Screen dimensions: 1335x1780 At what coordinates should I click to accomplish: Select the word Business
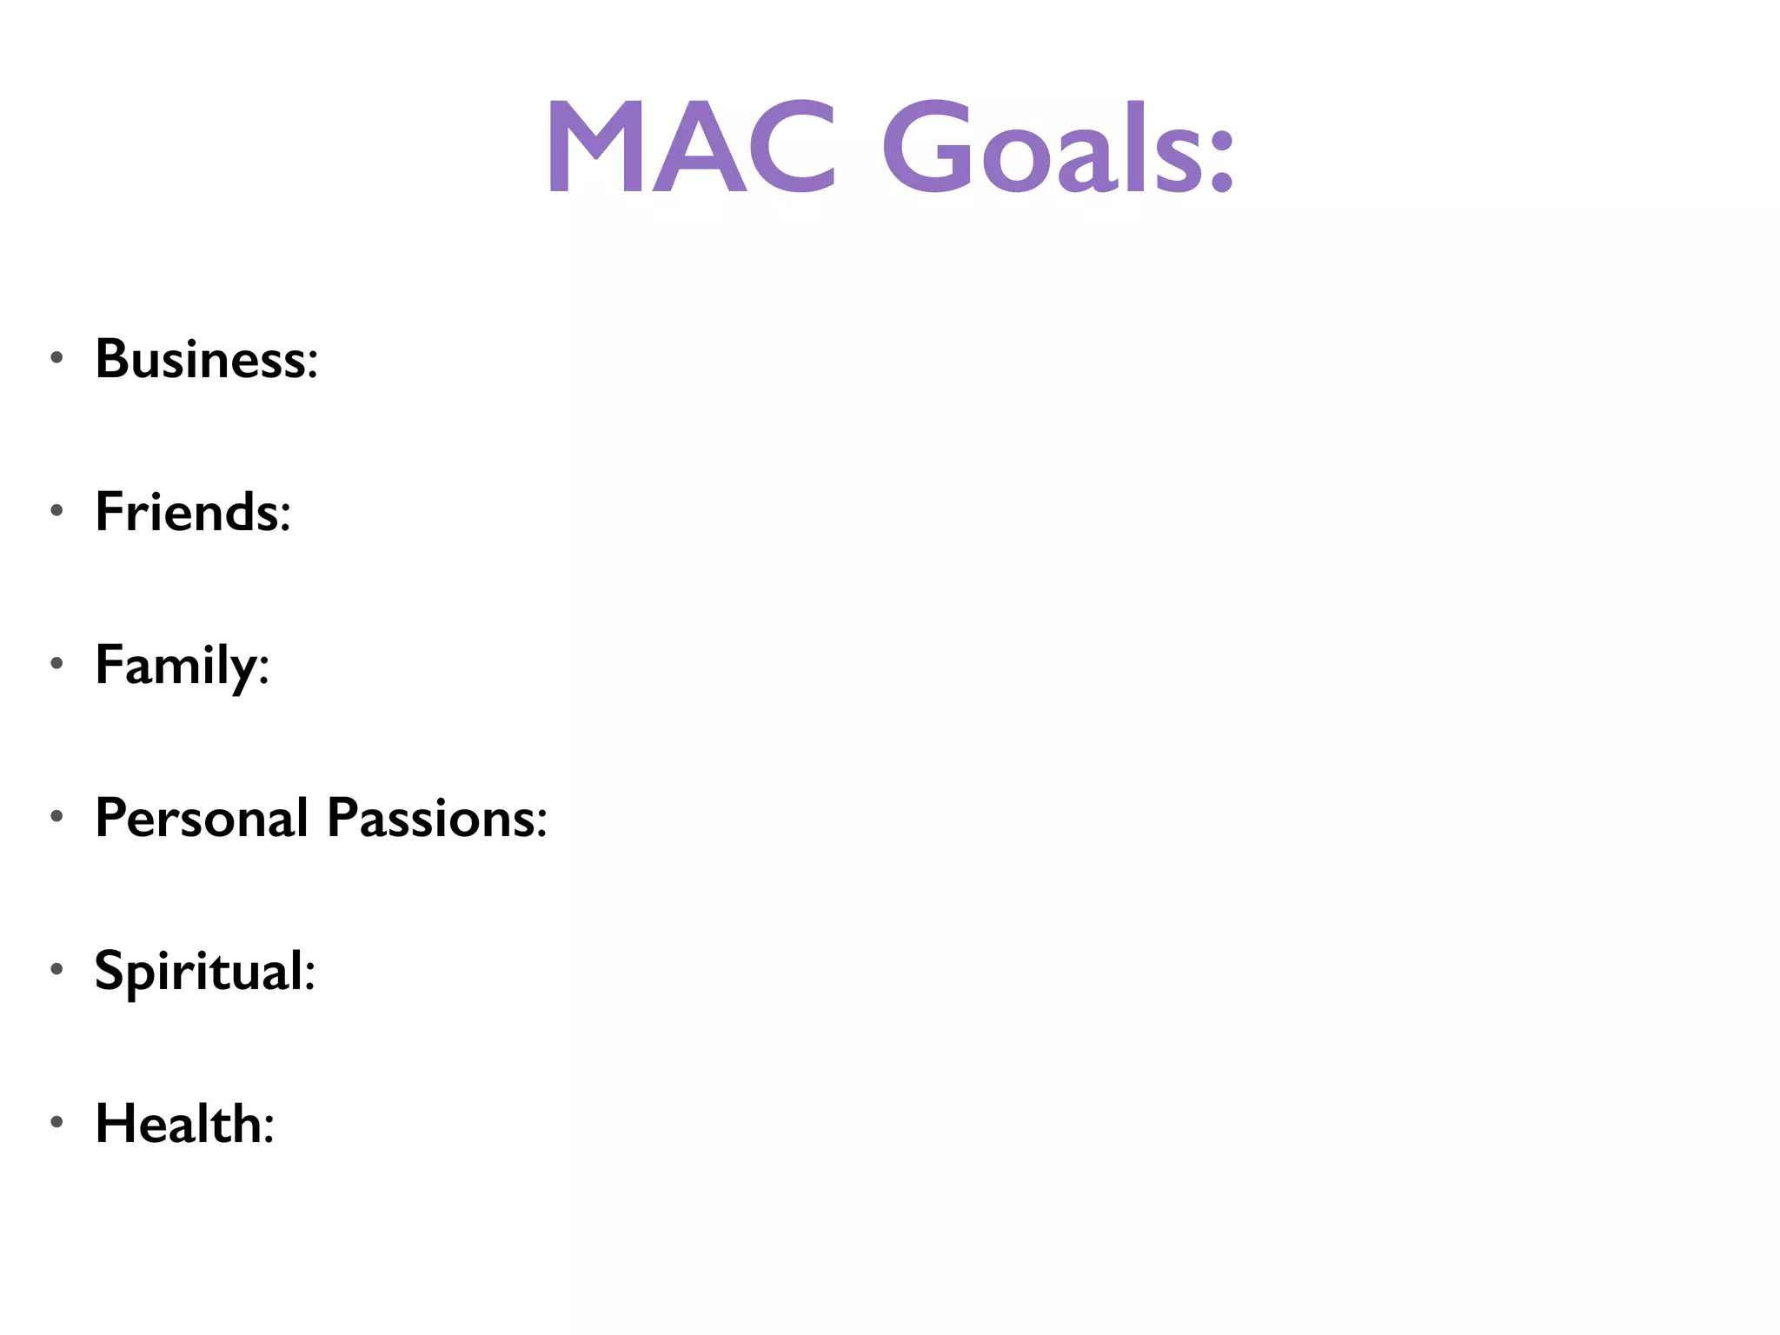(200, 359)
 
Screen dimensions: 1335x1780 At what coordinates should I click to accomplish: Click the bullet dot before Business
(57, 357)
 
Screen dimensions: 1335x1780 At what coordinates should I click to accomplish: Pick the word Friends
(187, 512)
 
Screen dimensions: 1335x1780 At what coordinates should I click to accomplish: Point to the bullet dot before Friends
(57, 510)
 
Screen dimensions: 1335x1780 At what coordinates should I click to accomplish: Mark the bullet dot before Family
(57, 663)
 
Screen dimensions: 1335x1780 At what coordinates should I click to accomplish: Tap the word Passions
(430, 819)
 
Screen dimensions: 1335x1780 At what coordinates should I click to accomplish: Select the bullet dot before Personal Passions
(57, 816)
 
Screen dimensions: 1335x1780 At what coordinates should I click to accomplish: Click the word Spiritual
(199, 972)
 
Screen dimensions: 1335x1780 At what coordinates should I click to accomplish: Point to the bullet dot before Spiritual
(57, 969)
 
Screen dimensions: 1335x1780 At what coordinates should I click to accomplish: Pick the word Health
(178, 1124)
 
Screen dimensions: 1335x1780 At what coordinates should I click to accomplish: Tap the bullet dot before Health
(57, 1122)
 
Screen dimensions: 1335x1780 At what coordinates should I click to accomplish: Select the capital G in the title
(930, 148)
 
